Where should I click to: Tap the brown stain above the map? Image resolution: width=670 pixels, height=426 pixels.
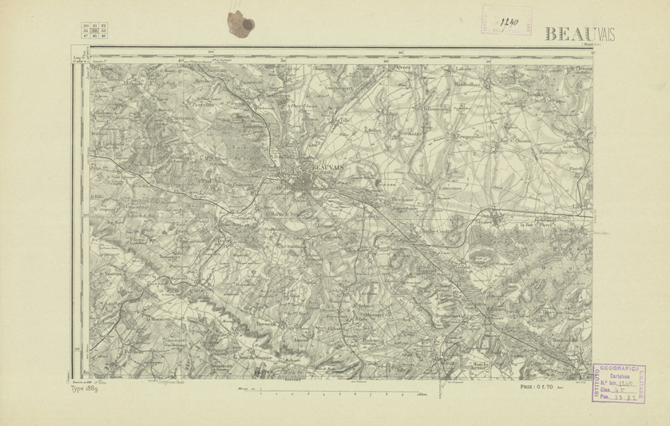(240, 23)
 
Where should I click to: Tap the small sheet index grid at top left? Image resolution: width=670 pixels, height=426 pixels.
(96, 31)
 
